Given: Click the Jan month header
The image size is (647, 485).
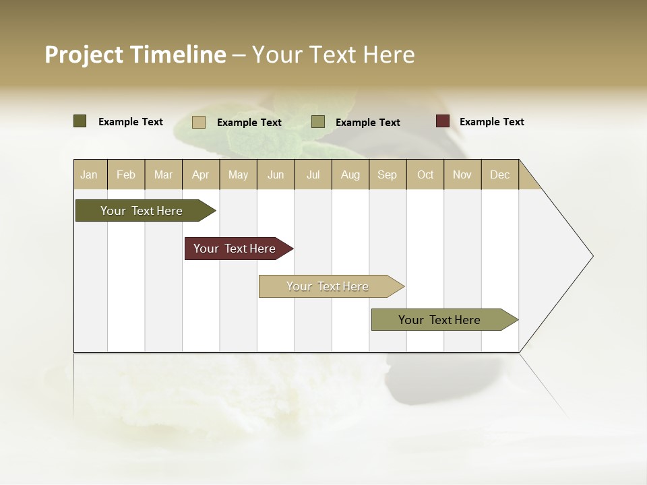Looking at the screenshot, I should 89,174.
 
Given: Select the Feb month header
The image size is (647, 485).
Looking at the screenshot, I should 126,174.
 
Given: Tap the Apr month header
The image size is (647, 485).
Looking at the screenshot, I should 201,174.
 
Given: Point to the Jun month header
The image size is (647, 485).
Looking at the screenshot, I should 276,174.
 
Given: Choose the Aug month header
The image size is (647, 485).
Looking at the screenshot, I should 350,174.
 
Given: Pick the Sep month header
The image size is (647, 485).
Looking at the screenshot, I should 388,174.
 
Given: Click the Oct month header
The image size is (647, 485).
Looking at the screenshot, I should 425,174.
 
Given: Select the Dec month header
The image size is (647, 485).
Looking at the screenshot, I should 500,174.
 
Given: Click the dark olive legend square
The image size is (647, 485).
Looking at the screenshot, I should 80,121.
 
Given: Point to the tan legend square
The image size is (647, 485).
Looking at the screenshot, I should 199,122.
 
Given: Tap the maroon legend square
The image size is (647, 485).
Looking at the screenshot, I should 443,121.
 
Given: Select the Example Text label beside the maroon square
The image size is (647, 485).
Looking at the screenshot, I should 492,122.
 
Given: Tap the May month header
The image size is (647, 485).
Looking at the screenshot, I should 238,174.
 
